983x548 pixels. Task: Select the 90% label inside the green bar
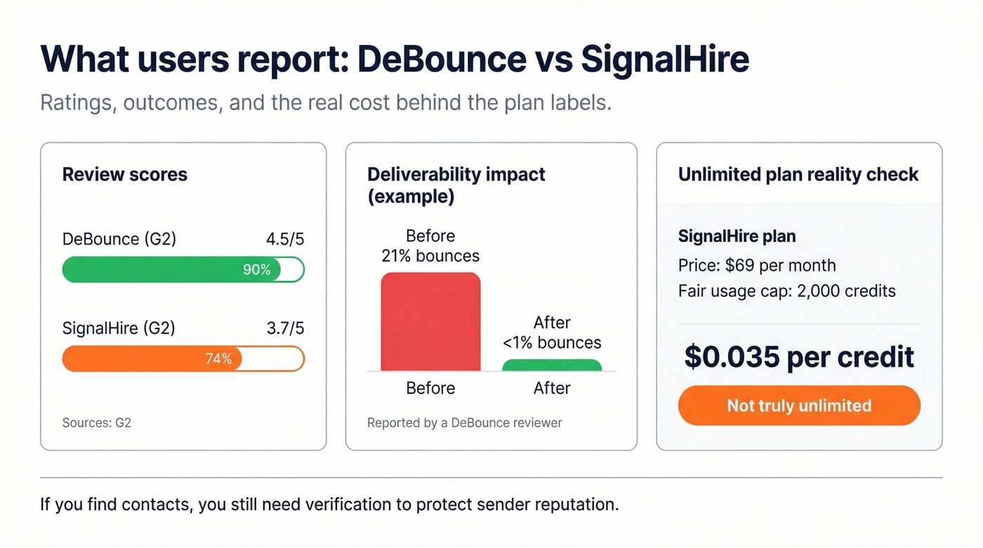point(256,269)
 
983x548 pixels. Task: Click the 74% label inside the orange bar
point(218,359)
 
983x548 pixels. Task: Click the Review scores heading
point(125,174)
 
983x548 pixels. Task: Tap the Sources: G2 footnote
point(97,422)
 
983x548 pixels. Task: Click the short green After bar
point(552,365)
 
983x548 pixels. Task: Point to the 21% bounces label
point(430,256)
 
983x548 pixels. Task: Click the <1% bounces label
point(552,342)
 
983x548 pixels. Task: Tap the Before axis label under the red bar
point(430,388)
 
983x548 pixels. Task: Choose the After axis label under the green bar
point(552,388)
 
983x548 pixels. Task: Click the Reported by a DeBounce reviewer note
point(465,422)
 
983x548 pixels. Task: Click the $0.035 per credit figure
point(799,357)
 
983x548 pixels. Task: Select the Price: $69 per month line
point(757,265)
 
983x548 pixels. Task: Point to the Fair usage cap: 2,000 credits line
point(786,290)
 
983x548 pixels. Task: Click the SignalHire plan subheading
point(737,236)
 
